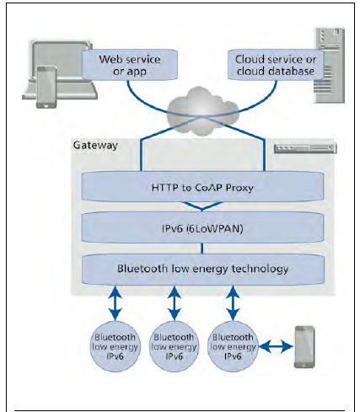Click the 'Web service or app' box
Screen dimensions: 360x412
(130, 65)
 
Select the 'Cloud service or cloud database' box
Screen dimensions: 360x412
(276, 65)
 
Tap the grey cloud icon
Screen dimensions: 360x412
(202, 111)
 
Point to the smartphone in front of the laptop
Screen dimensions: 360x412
(46, 87)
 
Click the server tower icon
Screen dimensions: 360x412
(330, 65)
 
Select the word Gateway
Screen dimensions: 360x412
(95, 145)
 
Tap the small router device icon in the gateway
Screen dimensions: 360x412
(305, 148)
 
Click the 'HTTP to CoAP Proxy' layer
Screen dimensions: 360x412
(202, 187)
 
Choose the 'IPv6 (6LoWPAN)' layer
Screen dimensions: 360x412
(202, 227)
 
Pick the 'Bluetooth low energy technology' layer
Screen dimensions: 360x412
(202, 269)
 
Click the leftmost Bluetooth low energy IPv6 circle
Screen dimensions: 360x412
(115, 346)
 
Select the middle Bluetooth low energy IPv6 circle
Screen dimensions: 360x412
(174, 346)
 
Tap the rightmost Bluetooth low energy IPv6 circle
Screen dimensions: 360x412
(233, 346)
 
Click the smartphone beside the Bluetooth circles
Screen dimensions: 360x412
(304, 347)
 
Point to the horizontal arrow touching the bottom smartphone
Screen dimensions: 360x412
(277, 347)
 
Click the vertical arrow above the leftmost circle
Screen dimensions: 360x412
(115, 303)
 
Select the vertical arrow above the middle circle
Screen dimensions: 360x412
(175, 303)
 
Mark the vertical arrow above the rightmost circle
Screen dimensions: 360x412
(233, 303)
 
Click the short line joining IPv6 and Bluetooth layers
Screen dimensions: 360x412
(202, 249)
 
